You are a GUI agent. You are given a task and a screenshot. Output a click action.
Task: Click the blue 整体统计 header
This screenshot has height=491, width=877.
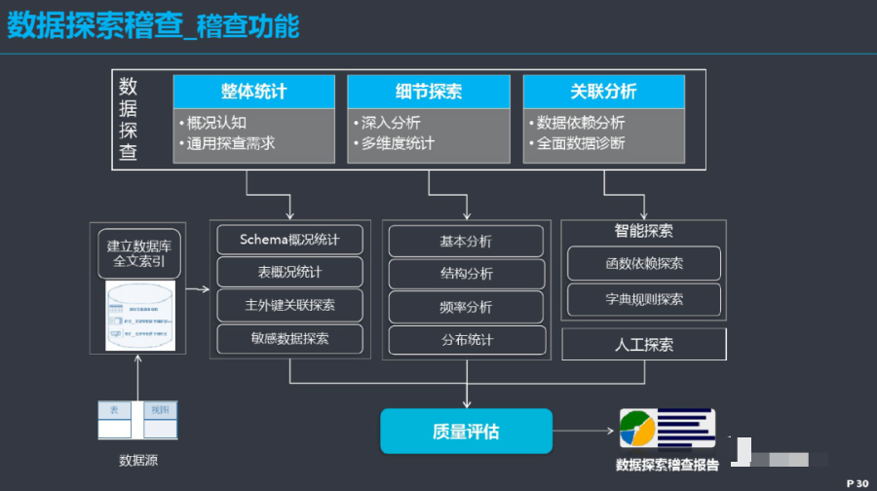253,92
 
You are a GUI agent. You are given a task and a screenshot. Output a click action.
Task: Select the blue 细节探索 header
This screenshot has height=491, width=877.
429,92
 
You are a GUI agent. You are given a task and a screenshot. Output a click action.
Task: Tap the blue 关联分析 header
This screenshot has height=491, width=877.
604,92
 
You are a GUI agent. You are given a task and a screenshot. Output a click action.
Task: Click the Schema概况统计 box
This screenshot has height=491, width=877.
289,240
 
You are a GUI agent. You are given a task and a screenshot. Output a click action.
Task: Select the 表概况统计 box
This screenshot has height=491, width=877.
289,272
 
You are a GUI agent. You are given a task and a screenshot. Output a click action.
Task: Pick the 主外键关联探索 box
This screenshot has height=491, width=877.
289,305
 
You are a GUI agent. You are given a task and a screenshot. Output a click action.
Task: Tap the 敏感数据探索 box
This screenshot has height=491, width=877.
289,338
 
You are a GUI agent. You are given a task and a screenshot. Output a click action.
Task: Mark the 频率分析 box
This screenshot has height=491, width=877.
466,307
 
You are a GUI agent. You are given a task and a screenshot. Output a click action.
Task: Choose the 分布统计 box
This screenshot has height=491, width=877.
466,340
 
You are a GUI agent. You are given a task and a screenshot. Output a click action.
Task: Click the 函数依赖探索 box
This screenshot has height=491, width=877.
643,263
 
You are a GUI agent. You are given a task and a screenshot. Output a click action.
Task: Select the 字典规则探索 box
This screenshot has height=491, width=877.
643,298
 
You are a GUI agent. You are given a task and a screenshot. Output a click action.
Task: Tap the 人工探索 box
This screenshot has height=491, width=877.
643,345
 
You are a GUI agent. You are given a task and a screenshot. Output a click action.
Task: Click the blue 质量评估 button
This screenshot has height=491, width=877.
466,431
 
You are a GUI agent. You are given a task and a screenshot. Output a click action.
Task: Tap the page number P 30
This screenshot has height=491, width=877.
857,482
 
